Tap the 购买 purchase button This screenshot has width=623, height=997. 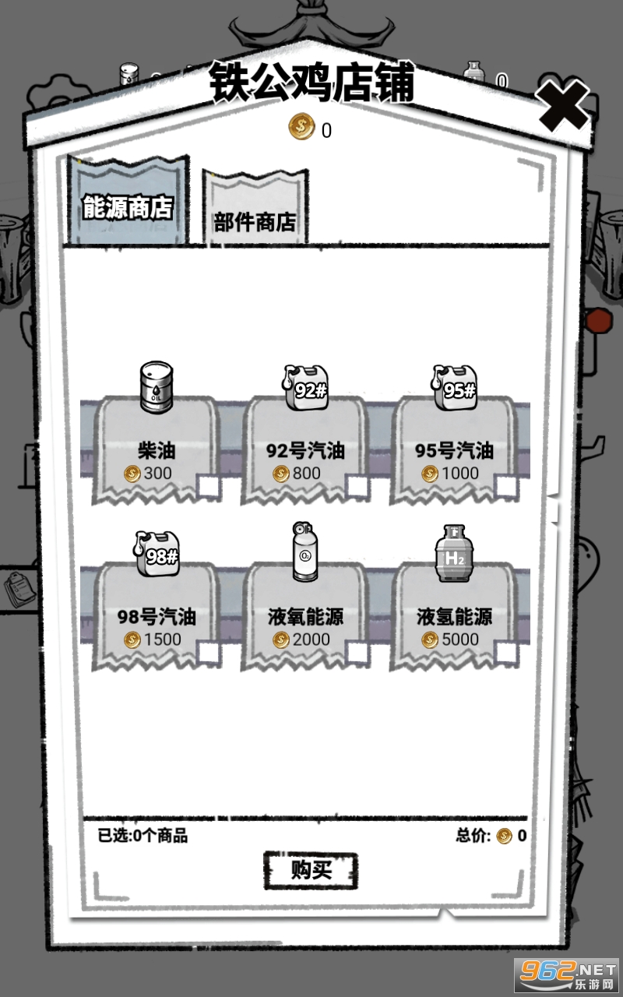coord(311,871)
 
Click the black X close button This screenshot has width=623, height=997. coord(562,106)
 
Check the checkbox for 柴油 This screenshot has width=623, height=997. coord(208,486)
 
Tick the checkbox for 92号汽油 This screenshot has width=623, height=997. coord(357,486)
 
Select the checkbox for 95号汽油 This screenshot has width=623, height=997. coord(506,486)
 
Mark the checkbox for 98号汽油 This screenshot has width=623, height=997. coord(208,653)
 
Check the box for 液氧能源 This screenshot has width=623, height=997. coord(357,653)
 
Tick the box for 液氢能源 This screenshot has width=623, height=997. coord(506,653)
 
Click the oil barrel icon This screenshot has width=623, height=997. coord(157,387)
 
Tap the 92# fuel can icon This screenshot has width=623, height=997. coord(304,388)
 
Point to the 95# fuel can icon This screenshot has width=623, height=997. coord(454,388)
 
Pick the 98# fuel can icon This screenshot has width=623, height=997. coord(157,554)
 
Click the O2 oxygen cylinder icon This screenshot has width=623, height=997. coord(305,551)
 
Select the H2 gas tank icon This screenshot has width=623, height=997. coord(454,553)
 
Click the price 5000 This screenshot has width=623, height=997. coord(460,639)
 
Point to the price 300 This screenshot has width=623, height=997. coord(157,473)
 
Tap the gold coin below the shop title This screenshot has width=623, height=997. coord(301,126)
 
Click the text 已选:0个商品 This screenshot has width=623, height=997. coord(143,836)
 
